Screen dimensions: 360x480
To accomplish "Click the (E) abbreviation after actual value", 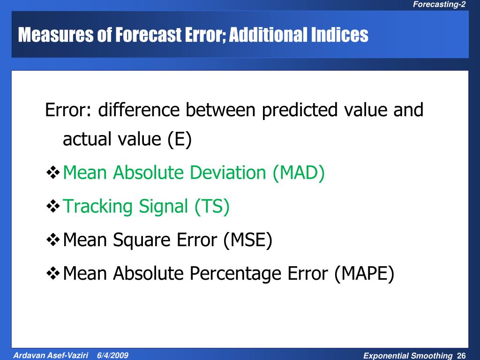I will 179,139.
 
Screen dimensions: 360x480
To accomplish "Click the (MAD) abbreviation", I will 299,173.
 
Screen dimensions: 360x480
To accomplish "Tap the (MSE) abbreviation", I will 247,240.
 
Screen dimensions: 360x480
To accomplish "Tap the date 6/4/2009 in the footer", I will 113,355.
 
